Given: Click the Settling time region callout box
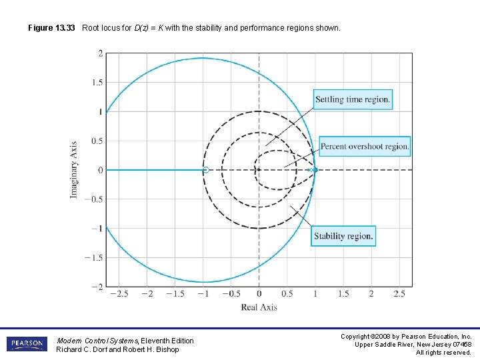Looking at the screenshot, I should pyautogui.click(x=352, y=100).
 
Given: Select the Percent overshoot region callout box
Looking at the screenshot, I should pyautogui.click(x=364, y=147).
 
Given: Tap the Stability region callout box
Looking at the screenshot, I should pyautogui.click(x=343, y=236).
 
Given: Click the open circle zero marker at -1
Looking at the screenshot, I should pyautogui.click(x=205, y=170).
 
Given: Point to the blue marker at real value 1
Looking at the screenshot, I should pyautogui.click(x=315, y=170).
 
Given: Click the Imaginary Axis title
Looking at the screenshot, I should pyautogui.click(x=74, y=169).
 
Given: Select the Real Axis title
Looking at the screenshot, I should pyautogui.click(x=259, y=307).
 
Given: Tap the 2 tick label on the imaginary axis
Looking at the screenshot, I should pyautogui.click(x=99, y=53).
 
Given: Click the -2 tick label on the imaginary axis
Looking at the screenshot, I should pyautogui.click(x=97, y=287).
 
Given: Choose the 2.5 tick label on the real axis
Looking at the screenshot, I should pyautogui.click(x=399, y=294).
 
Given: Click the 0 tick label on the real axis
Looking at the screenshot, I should pyautogui.click(x=259, y=294).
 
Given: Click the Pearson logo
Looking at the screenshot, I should pyautogui.click(x=27, y=345).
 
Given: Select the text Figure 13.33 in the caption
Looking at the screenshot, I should pyautogui.click(x=51, y=29).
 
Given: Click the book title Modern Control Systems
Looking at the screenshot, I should pyautogui.click(x=97, y=341).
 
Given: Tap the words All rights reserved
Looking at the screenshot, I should pyautogui.click(x=443, y=353).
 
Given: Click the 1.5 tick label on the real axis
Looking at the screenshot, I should pyautogui.click(x=343, y=294).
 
